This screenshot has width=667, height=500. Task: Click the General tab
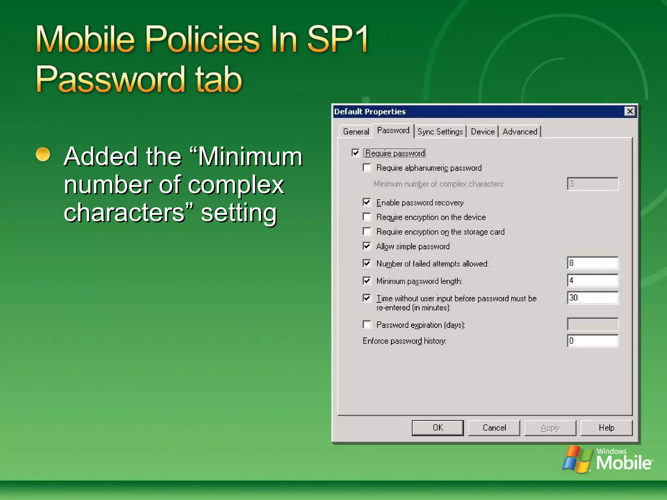[x=356, y=132]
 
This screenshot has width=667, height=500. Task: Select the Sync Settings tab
[x=440, y=132]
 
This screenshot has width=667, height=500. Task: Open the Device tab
[x=482, y=132]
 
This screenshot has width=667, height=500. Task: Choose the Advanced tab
[x=520, y=132]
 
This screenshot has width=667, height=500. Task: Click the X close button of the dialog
[x=630, y=111]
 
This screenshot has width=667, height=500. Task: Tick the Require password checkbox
[x=355, y=153]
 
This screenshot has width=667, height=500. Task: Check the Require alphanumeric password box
[x=367, y=168]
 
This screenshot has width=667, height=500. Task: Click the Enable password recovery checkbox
[x=367, y=202]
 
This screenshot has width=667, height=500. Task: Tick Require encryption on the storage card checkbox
[x=367, y=231]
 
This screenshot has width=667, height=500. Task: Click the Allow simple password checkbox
[x=367, y=246]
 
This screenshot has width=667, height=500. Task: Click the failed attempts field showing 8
[x=592, y=263]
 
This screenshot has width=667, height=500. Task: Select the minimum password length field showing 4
[x=592, y=280]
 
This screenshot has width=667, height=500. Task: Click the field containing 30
[x=592, y=298]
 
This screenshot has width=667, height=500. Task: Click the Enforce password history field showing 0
[x=592, y=341]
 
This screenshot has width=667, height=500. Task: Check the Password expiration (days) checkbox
[x=367, y=325]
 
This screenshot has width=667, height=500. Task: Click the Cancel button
[x=494, y=428]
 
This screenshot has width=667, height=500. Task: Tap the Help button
[x=606, y=428]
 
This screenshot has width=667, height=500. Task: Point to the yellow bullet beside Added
[x=43, y=154]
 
